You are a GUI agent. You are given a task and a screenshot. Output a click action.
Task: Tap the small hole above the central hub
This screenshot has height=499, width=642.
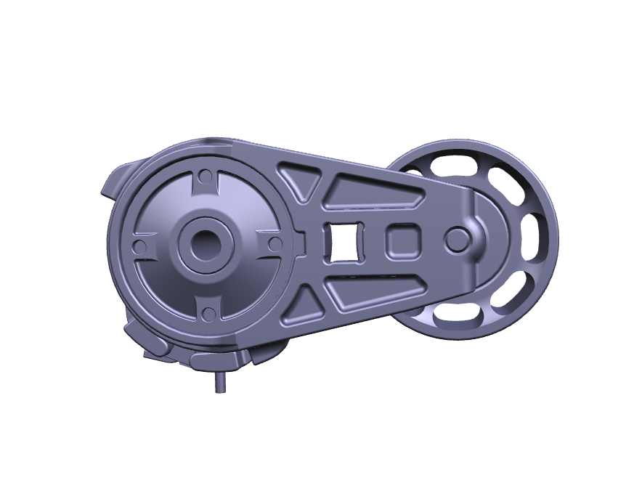click(206, 177)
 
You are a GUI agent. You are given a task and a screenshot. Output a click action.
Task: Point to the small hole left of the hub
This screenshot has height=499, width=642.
click(140, 248)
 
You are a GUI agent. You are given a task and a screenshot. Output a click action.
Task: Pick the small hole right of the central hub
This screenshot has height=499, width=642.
click(275, 244)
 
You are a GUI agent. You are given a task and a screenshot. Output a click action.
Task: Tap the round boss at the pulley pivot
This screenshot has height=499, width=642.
click(458, 238)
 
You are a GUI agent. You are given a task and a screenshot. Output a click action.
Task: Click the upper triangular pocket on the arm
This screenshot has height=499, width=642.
click(301, 179)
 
